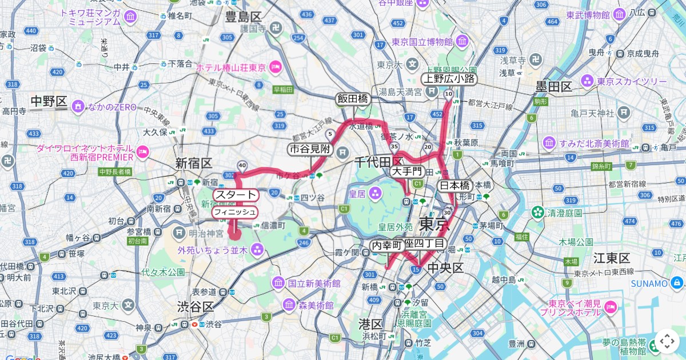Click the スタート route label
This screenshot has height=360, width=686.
pos(236,195)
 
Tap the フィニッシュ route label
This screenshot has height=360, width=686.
pos(235,213)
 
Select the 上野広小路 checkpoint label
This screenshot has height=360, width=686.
pos(449,79)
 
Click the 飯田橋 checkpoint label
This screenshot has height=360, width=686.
pos(353,99)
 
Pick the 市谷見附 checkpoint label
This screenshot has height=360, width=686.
pos(310,150)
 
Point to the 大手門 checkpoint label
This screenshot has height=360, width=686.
pos(407,171)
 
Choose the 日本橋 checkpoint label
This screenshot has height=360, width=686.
pos(454,186)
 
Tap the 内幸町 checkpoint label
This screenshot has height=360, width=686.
pos(387,245)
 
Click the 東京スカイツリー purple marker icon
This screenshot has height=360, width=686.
pos(588,82)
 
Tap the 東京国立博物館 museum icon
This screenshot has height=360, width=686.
pos(462,42)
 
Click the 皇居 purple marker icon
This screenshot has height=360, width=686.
pos(375,193)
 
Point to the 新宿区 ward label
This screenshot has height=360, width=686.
pos(194,163)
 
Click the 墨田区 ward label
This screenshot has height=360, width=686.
pos(553,87)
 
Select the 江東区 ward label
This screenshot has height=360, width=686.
pos(612,258)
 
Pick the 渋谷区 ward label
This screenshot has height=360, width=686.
pos(195,307)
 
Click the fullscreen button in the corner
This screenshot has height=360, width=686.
pos(667,341)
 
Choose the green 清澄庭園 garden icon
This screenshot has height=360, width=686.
pos(537,213)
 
